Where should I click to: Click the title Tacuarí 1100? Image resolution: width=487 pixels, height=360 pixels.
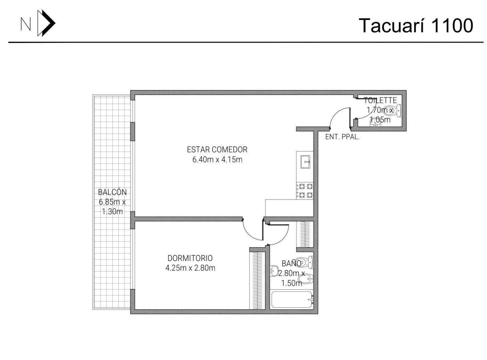416,26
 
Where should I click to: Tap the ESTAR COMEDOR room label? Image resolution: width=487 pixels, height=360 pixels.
217,150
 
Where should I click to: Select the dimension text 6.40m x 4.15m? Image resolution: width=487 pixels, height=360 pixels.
217,160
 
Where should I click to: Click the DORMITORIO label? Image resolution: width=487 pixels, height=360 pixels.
190,258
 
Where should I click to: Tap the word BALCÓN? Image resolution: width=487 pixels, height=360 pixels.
112,192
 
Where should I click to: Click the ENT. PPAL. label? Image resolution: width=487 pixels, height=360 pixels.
342,137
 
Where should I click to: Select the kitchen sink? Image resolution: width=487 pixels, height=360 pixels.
305,162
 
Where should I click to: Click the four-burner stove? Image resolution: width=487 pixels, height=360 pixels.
305,191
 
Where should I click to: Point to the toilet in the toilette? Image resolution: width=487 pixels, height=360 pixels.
394,110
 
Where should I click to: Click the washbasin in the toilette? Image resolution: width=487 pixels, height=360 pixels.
375,123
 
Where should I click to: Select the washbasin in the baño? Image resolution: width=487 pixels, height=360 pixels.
274,271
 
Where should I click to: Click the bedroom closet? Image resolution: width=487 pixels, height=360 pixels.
257,280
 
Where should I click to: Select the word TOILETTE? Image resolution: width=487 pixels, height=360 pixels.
380,100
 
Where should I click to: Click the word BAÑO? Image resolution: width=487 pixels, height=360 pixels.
291,263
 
